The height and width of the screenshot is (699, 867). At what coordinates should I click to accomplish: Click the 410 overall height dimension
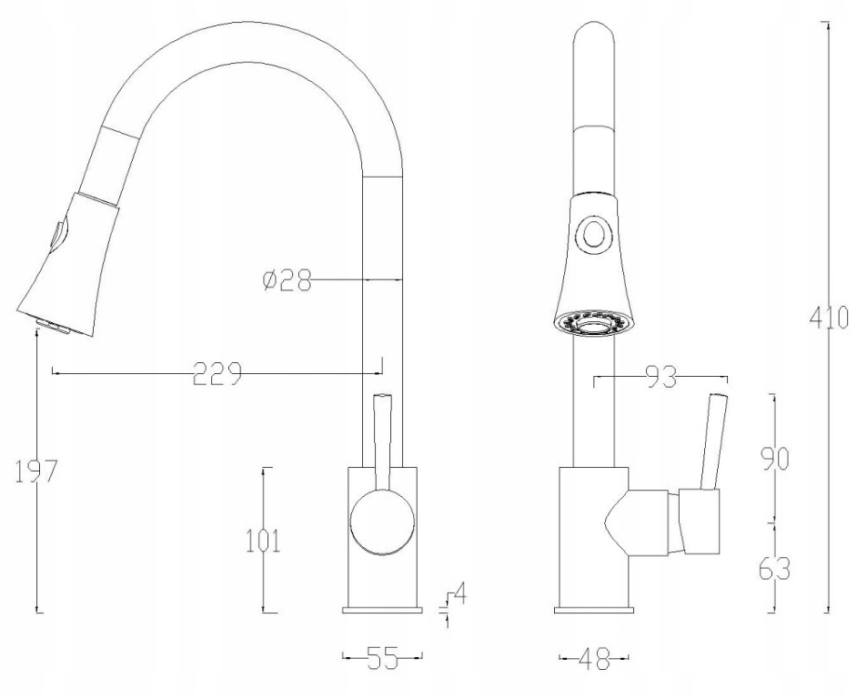click(x=828, y=318)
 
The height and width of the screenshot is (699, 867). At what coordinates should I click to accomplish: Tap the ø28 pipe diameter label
click(x=287, y=280)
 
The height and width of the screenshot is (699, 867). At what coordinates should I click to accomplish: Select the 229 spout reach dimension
click(x=217, y=374)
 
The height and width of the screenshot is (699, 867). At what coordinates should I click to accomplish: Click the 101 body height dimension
click(x=263, y=541)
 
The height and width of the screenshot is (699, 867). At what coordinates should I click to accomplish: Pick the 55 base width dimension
click(x=383, y=657)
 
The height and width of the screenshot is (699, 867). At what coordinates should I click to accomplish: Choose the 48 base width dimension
click(x=594, y=658)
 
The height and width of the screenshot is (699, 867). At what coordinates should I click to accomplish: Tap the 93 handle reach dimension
click(x=660, y=378)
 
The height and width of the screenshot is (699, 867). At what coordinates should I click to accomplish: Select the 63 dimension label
click(x=774, y=569)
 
